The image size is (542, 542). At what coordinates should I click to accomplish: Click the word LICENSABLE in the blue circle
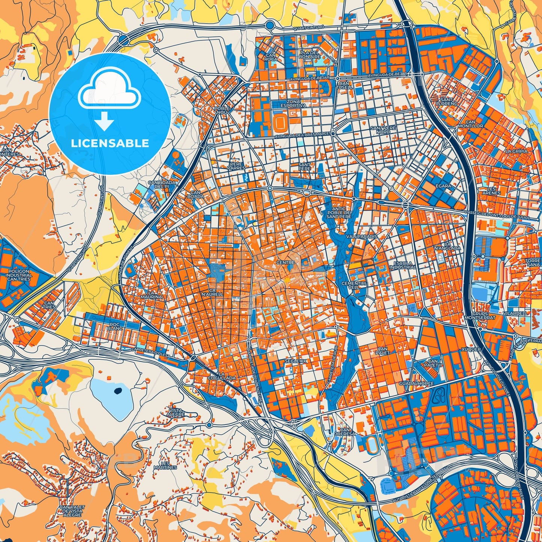click(x=110, y=143)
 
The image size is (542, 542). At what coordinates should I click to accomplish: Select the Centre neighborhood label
click(x=285, y=263)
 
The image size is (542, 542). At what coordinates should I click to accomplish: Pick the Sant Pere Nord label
click(x=383, y=130)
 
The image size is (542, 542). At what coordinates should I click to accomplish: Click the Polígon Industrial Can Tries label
click(x=19, y=275)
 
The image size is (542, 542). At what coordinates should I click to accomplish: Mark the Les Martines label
click(x=165, y=465)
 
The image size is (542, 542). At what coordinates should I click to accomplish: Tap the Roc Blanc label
click(x=114, y=327)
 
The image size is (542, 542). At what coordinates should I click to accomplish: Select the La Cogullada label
click(x=227, y=376)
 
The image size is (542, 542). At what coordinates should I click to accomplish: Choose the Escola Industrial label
click(x=402, y=265)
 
